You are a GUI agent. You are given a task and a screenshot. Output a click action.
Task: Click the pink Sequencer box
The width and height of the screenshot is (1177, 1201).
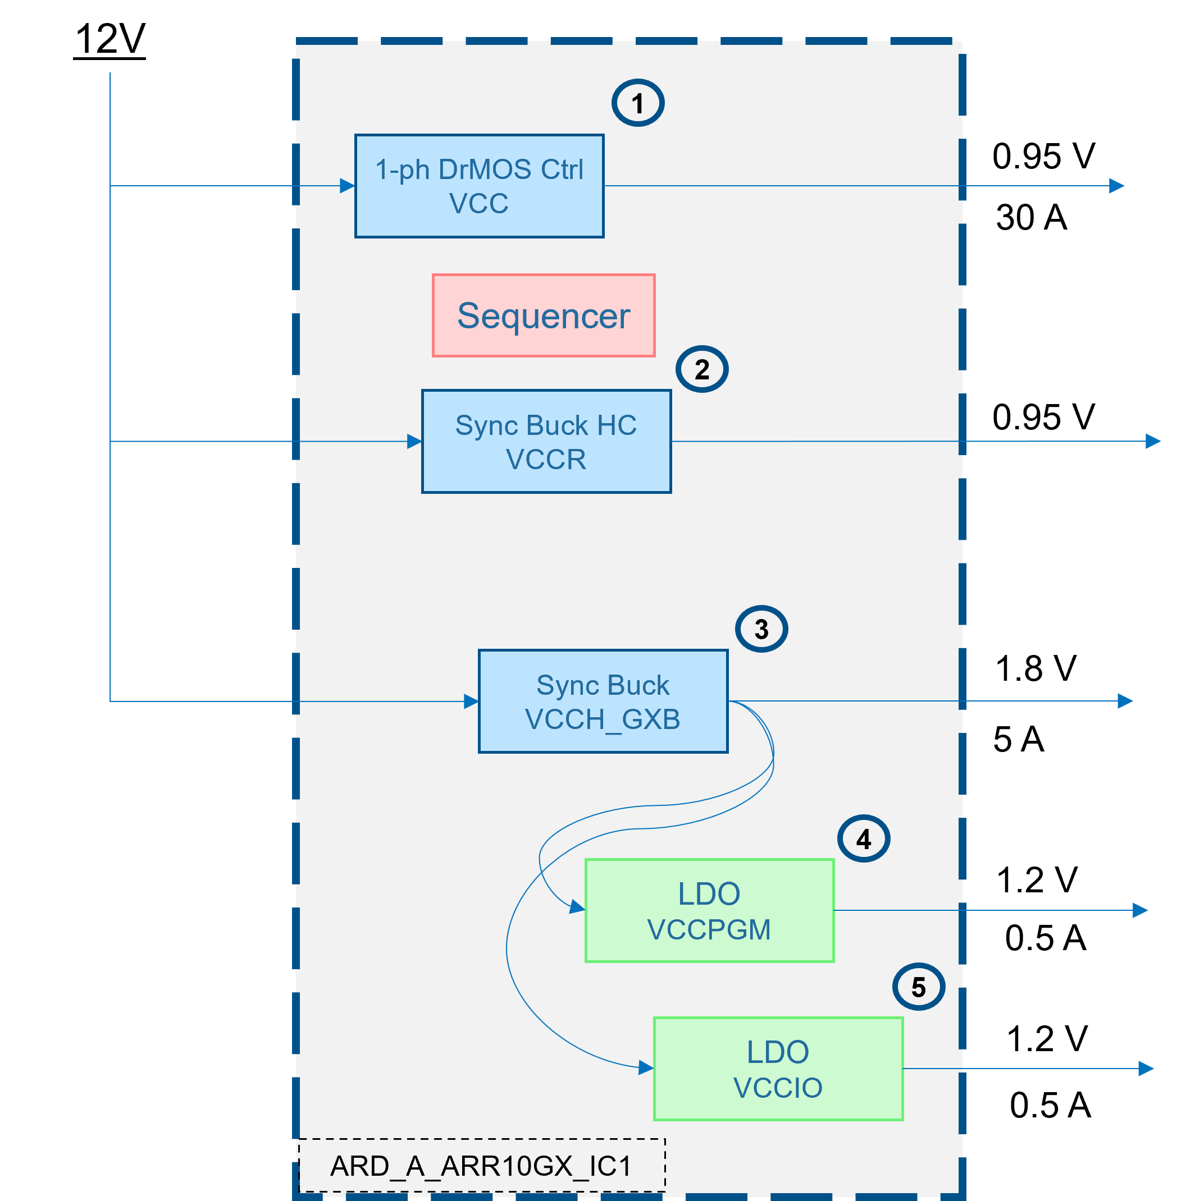coord(544,316)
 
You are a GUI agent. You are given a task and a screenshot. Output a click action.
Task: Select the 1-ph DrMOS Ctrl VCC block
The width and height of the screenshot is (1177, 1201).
coord(479,186)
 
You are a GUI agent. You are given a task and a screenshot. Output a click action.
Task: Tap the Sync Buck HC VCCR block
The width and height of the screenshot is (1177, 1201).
coord(546,442)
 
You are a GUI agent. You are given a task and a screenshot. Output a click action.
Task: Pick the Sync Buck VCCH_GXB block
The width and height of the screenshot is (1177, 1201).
coord(603,701)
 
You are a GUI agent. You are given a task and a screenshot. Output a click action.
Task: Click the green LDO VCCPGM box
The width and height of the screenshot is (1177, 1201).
coord(709,911)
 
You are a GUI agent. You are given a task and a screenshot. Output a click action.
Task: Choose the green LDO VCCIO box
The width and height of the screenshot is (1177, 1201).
coord(778,1069)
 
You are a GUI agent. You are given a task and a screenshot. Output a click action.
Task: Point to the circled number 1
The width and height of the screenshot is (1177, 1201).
coord(638,103)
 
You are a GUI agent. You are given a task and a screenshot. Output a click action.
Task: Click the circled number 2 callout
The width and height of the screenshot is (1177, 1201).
coord(701,369)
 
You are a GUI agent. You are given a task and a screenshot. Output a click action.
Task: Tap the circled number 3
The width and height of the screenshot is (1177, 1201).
coord(761,629)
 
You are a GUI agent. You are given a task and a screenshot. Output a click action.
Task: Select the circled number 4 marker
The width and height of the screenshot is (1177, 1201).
coord(864,839)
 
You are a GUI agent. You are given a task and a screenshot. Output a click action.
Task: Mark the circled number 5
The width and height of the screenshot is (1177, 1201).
coord(919,987)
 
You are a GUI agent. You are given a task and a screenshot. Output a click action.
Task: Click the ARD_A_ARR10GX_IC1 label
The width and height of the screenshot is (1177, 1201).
coord(481,1166)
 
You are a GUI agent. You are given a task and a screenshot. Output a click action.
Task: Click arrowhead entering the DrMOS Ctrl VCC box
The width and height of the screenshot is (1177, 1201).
coord(348,186)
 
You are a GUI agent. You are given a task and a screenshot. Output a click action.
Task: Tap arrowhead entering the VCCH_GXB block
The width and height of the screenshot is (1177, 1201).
coord(471,701)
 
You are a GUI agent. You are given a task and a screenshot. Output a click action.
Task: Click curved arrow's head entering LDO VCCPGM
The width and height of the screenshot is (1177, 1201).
coord(577,907)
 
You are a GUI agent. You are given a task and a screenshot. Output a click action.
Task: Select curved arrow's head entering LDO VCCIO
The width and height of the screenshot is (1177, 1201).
coord(646,1067)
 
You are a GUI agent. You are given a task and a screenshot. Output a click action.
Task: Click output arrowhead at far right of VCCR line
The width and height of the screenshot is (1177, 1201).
coord(1153,441)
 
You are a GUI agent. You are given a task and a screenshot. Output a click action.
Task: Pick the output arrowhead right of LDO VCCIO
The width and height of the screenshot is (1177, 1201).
coord(1146,1069)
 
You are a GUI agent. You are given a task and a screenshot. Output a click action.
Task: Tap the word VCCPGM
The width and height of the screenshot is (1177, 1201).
coord(709,929)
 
